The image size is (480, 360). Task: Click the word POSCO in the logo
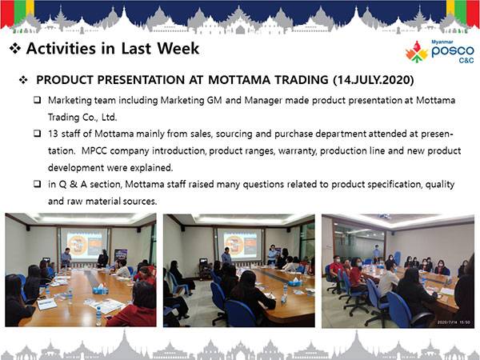click(x=453, y=51)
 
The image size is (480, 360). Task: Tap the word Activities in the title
click(x=61, y=49)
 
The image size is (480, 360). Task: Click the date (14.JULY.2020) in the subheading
click(x=374, y=80)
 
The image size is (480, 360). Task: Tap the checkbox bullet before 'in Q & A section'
click(x=38, y=184)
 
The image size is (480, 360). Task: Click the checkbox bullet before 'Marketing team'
click(x=38, y=99)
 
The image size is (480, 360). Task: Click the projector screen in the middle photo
click(x=240, y=245)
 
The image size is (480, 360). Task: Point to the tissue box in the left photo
click(x=100, y=289)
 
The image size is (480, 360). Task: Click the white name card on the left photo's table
click(x=47, y=304)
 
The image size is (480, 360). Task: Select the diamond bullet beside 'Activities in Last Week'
click(x=15, y=48)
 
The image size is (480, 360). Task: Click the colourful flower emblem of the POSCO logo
click(x=416, y=51)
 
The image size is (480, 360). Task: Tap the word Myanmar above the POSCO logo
click(x=442, y=42)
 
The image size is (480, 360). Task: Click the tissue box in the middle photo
click(x=294, y=282)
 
